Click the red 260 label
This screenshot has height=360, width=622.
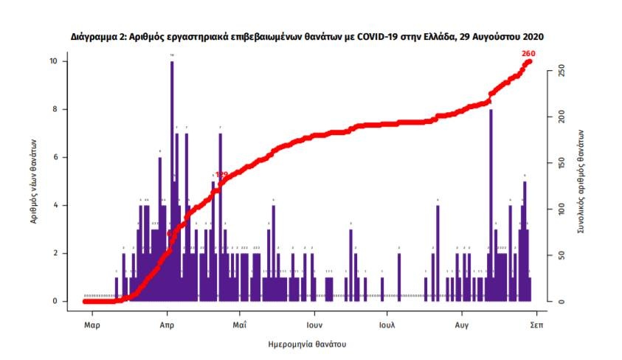(x=528, y=53)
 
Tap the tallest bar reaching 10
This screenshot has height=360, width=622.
(x=172, y=177)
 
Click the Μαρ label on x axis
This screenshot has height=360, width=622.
(x=91, y=324)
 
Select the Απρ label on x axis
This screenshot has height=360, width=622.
(x=166, y=324)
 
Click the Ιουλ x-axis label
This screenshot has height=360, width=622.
(x=387, y=324)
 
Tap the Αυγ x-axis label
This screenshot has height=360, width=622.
(x=462, y=324)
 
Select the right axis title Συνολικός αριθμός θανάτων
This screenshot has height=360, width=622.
(x=581, y=181)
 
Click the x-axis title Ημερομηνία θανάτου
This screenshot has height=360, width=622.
(x=308, y=344)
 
